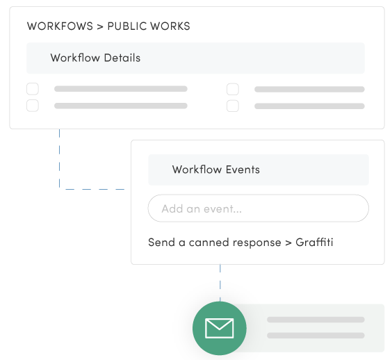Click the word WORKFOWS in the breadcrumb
pos(60,26)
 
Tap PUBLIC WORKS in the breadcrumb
pos(148,26)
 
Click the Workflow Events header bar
pos(258,170)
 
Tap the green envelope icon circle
pos(220,327)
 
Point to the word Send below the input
pos(161,243)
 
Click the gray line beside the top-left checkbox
pos(120,89)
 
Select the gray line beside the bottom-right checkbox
pos(309,106)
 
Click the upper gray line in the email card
pos(316,320)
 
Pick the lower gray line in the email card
pos(316,336)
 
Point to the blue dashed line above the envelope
pos(220,282)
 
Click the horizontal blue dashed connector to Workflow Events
pos(95,188)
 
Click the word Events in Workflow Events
pos(241,170)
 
